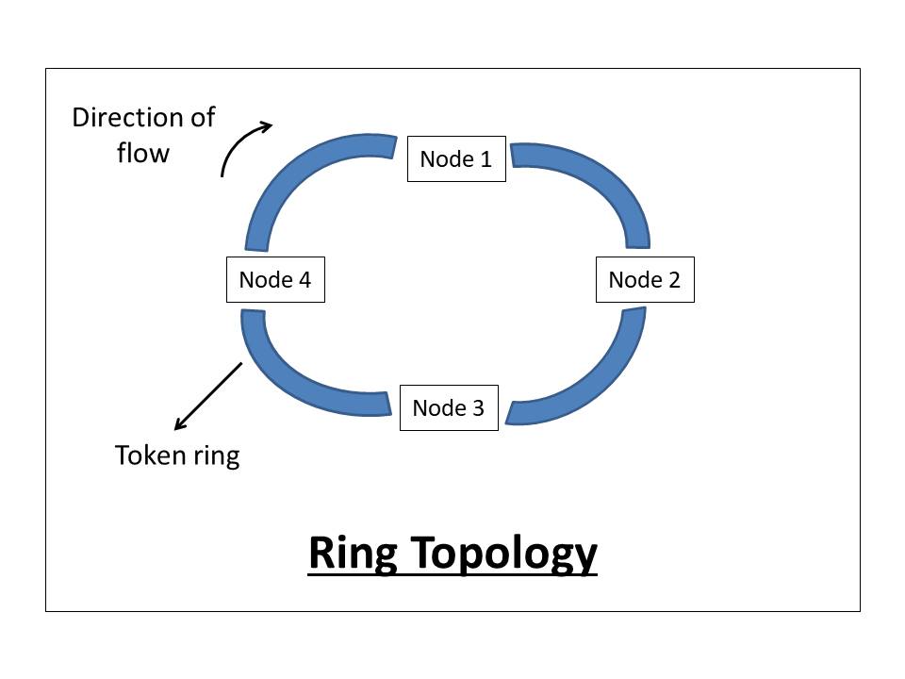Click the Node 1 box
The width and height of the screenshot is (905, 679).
click(456, 159)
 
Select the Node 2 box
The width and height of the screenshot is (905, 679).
click(645, 280)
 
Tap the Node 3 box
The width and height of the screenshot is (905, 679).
click(449, 408)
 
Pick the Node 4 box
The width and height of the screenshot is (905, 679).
click(275, 280)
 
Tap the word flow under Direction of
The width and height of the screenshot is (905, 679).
click(143, 153)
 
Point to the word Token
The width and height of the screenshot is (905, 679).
click(147, 456)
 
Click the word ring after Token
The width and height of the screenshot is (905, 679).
click(214, 457)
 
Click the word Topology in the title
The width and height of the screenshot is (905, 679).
click(502, 555)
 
